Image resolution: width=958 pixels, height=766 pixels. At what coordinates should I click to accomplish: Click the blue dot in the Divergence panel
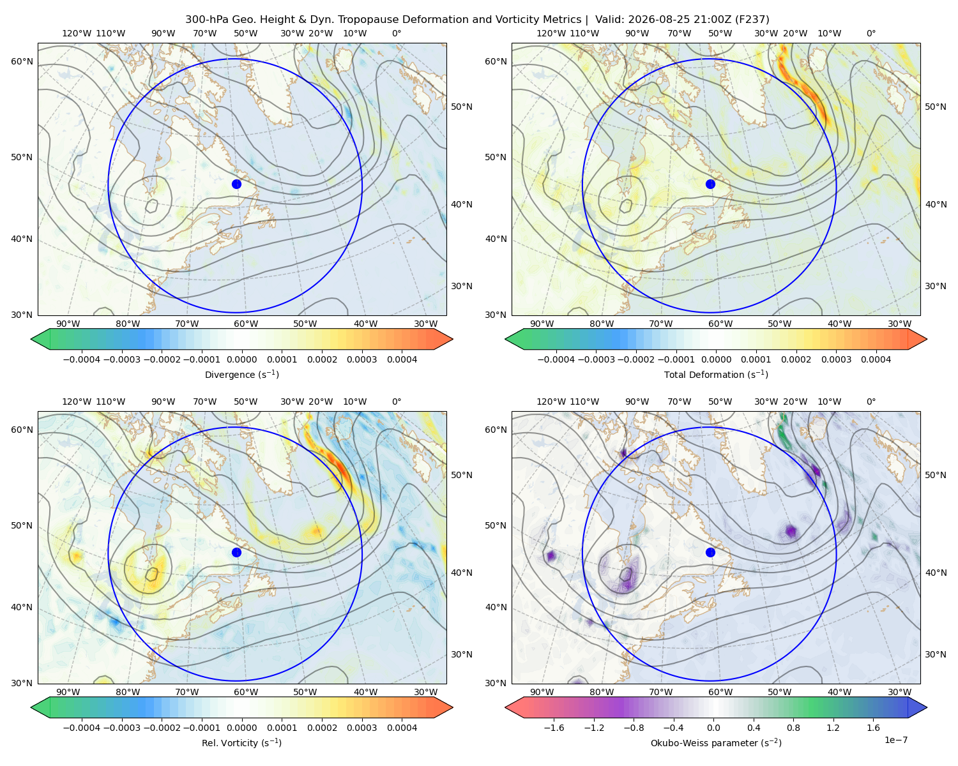coord(236,184)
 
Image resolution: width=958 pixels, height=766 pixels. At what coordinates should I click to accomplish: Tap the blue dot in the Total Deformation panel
coord(710,184)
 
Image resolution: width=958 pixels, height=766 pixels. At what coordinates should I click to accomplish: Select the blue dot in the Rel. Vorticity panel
coord(236,552)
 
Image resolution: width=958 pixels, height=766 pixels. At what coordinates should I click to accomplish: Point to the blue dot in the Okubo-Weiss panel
coord(710,552)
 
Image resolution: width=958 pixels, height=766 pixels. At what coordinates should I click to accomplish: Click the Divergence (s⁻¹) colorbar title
coord(241,374)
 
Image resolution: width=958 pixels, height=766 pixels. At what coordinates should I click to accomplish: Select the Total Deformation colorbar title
coord(716,374)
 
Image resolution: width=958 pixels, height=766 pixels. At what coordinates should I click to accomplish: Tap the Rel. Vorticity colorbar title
coord(241,742)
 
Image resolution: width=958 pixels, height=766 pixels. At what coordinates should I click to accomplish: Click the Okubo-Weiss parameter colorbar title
coord(716,742)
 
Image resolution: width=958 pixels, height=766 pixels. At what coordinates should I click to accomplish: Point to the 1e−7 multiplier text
coord(895,740)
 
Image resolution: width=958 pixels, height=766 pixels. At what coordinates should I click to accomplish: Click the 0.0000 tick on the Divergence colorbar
coord(241,359)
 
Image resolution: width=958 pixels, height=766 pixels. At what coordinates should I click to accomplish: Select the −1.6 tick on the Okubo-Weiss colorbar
coord(554,728)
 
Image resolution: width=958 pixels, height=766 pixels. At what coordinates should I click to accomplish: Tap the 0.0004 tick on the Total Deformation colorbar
coord(876,359)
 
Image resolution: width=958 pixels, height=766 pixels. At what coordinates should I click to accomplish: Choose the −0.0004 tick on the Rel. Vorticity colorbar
coord(82,728)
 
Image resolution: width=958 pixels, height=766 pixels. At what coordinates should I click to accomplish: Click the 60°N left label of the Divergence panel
coord(22,61)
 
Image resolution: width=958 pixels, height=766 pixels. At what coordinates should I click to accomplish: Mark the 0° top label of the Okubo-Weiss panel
coord(871,402)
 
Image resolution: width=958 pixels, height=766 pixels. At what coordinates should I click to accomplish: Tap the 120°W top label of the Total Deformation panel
coord(551,33)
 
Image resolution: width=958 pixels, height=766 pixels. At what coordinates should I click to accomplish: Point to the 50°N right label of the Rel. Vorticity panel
coord(462,475)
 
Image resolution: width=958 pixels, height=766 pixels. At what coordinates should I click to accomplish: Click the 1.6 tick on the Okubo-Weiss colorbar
coord(873,728)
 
